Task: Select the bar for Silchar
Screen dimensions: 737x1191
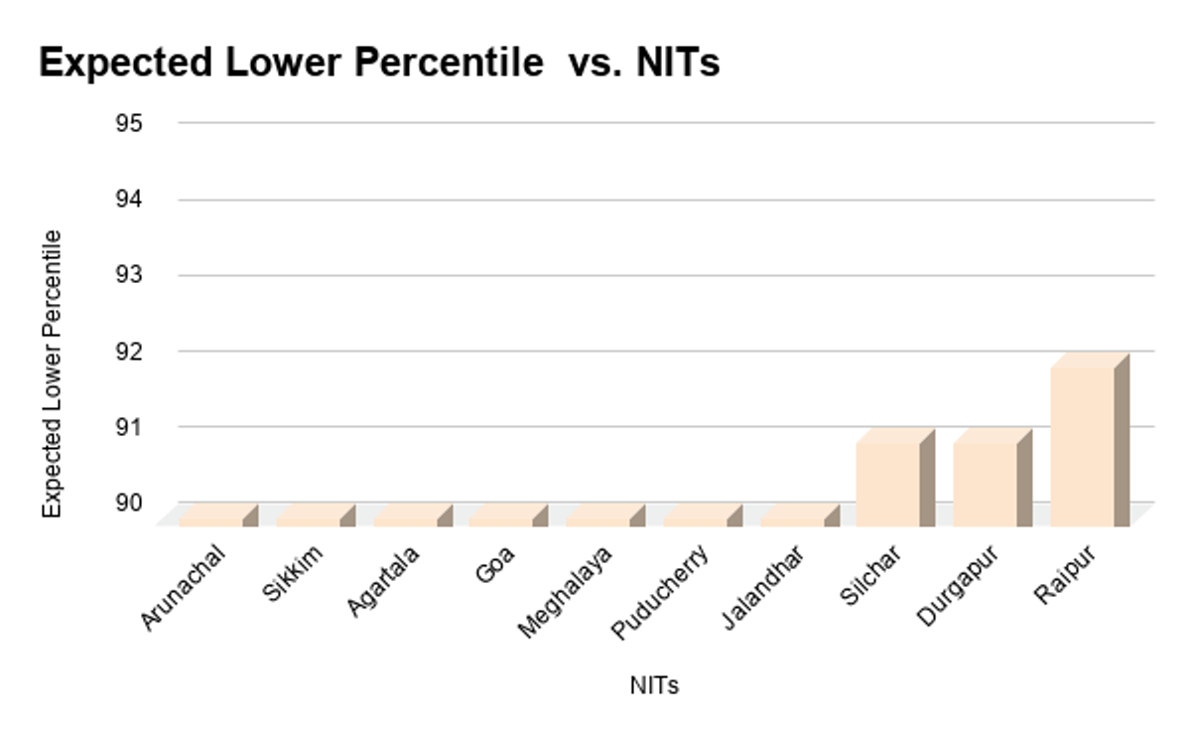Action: coord(888,483)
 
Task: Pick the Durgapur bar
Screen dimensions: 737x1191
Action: coord(986,483)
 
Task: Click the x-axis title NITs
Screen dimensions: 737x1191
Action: coord(654,685)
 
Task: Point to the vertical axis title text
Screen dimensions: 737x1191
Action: coord(53,373)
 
